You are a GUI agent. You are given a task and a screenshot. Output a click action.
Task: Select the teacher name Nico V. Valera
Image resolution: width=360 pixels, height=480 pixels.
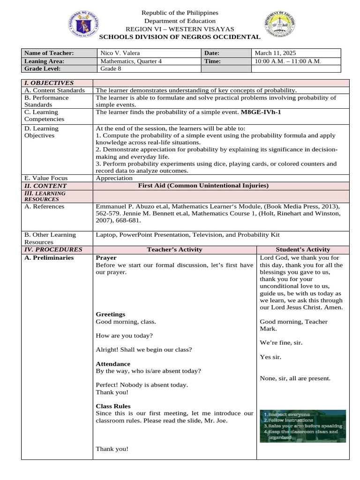[x=120, y=53]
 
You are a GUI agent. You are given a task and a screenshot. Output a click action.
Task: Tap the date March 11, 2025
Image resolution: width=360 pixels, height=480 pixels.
[x=275, y=53]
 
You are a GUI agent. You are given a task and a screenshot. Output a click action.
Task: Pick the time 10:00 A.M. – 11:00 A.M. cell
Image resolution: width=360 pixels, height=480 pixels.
[x=288, y=61]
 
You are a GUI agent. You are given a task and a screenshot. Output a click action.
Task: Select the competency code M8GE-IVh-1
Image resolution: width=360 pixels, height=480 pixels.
[x=262, y=112]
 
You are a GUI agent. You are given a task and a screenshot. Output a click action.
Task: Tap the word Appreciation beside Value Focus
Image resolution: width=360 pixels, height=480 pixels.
[x=114, y=178]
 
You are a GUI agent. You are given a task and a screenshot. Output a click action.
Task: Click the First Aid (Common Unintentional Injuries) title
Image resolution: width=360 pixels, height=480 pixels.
[x=203, y=186]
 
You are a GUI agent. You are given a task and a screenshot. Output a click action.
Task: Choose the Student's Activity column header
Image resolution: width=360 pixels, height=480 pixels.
[x=302, y=249]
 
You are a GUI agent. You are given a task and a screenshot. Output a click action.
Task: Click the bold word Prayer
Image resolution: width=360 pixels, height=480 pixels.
[x=106, y=258]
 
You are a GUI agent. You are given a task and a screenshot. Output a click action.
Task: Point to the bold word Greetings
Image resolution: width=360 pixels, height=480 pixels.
[x=110, y=314]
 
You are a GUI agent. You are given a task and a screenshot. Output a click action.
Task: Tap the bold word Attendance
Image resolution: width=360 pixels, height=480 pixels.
[x=113, y=364]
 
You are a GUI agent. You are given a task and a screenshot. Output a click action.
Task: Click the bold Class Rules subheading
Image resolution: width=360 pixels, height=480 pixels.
[x=113, y=406]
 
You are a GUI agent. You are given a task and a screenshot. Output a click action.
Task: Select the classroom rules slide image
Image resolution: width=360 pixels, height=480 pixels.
[x=303, y=426]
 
